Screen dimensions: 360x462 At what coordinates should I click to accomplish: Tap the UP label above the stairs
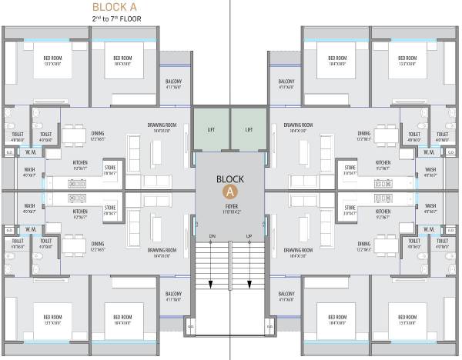249,235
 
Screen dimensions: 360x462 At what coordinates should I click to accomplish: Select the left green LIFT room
211,130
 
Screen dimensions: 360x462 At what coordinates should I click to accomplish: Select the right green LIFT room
249,130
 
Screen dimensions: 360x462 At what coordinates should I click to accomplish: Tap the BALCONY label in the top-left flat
173,82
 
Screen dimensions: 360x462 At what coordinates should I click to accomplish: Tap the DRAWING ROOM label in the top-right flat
297,125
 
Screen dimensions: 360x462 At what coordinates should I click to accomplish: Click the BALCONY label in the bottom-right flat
286,295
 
